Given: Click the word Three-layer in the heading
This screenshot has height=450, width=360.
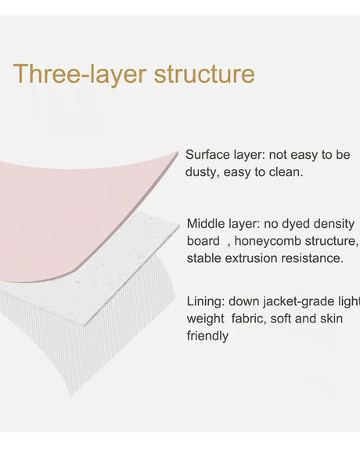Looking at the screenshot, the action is point(80,74).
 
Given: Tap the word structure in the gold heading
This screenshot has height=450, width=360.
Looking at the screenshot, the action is point(204,74).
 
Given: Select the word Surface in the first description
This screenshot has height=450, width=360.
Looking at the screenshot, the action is point(207,155).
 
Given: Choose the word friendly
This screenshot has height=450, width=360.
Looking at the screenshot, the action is point(207,336).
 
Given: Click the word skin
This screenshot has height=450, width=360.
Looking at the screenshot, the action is point(332,319).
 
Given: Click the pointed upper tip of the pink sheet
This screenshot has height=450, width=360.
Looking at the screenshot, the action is point(178,152).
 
